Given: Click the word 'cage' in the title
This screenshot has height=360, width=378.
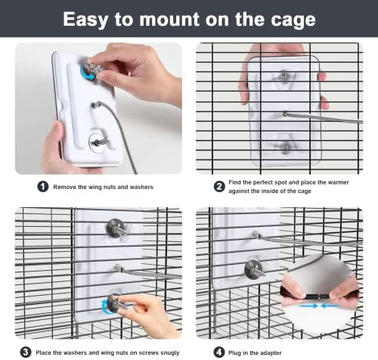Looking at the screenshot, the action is coord(293,20).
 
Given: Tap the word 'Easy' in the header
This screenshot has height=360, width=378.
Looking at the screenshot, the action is coord(85,20).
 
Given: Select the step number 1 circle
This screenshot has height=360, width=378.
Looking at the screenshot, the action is coord(43,187).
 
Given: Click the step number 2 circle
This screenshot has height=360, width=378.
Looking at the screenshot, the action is coord(219,187).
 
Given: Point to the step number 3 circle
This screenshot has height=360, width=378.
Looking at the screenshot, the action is coord(26,352).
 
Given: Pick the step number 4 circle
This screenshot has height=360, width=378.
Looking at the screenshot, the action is coord(219,352).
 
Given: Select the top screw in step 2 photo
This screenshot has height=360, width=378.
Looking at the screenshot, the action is coord(284,76).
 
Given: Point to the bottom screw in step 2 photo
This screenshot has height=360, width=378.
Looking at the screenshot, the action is coord(285,147).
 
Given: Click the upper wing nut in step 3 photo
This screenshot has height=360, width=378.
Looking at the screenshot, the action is coord(116,228).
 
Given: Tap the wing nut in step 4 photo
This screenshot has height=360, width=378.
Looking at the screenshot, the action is coord(255,270).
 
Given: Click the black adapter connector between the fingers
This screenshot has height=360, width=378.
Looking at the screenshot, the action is coord(318,296).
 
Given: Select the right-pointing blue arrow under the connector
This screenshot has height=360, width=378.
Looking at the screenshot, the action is coord(308,306).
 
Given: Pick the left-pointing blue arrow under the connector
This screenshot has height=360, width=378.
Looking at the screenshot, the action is coord(330,306).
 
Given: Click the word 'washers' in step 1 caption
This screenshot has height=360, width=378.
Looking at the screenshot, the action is coord(141,187).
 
